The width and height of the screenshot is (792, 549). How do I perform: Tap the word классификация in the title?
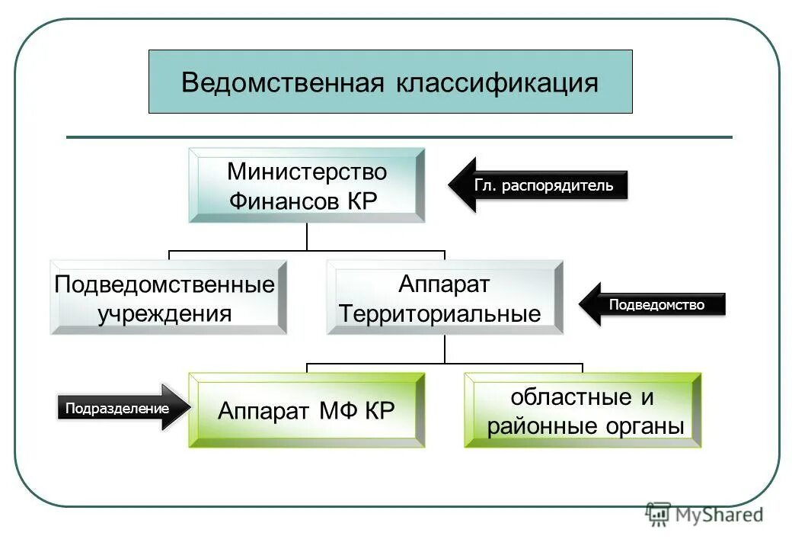[497, 82]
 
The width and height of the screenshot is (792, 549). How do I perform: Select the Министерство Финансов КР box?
[306, 185]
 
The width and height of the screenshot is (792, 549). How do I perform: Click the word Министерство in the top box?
[306, 172]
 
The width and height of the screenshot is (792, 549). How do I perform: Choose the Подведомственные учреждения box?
[168, 297]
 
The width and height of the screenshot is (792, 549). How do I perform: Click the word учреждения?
[164, 313]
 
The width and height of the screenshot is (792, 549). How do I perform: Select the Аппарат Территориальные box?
[445, 297]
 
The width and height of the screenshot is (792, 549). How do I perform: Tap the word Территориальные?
[440, 313]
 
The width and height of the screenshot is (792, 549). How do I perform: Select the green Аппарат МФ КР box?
[306, 410]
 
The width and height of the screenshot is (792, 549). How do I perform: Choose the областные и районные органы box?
[583, 410]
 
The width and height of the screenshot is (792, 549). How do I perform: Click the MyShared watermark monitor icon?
[658, 515]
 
